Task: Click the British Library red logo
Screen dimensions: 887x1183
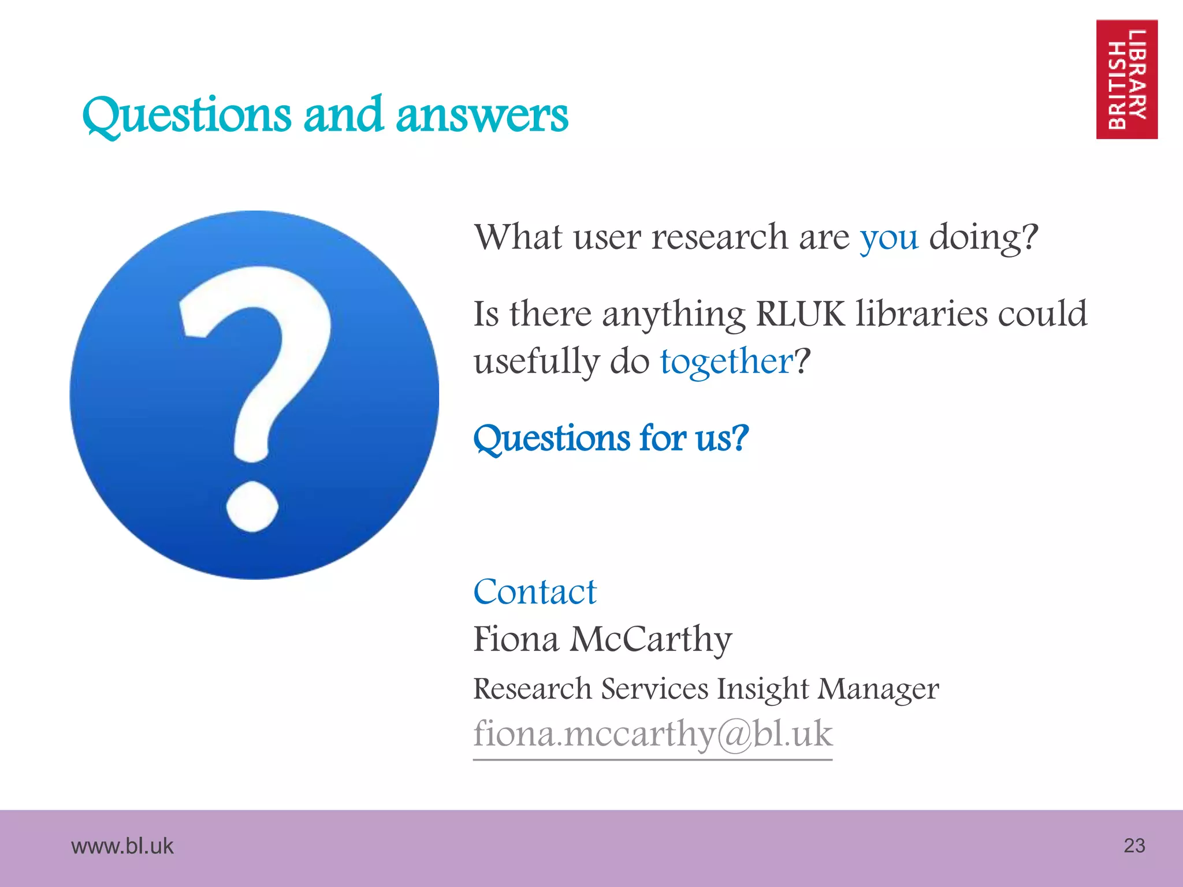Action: (x=1126, y=80)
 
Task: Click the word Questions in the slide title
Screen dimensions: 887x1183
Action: (x=187, y=115)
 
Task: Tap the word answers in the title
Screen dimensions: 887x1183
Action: (x=482, y=115)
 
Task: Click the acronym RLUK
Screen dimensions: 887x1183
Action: (x=800, y=314)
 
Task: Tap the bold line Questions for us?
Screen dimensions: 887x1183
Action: (x=611, y=438)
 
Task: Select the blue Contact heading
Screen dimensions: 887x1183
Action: (x=534, y=592)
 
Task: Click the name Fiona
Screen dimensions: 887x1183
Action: (x=516, y=639)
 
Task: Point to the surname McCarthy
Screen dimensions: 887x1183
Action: (x=651, y=639)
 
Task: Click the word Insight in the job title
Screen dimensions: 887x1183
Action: (x=762, y=688)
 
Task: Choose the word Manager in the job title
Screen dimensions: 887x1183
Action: (x=878, y=688)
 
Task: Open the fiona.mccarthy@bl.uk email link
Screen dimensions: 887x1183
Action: (x=653, y=735)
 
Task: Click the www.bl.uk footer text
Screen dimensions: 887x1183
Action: (x=122, y=846)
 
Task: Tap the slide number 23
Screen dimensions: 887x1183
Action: (x=1134, y=845)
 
